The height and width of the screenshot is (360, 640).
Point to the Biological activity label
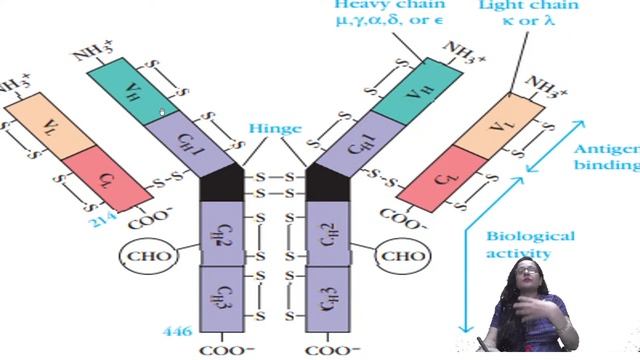pos(530,245)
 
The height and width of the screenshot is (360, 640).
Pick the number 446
pos(176,331)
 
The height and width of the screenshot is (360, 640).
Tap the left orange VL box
pos(41,124)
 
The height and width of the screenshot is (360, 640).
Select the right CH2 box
pos(326,233)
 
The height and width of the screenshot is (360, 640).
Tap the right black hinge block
pos(326,184)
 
